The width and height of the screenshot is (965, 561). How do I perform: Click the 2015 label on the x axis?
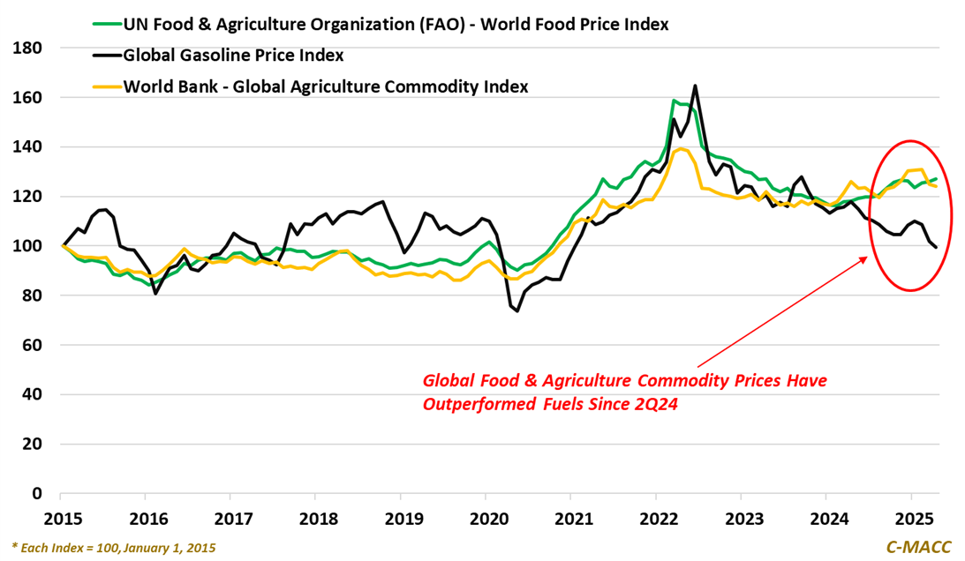click(62, 518)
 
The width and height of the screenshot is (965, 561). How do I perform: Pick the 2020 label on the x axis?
click(486, 518)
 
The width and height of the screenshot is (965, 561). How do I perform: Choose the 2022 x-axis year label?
click(655, 518)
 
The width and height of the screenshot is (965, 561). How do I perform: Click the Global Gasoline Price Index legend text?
click(234, 56)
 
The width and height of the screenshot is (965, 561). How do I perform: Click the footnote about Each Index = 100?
click(114, 548)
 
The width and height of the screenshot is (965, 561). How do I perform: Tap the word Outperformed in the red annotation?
click(477, 403)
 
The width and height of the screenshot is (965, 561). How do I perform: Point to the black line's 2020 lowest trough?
click(517, 310)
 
